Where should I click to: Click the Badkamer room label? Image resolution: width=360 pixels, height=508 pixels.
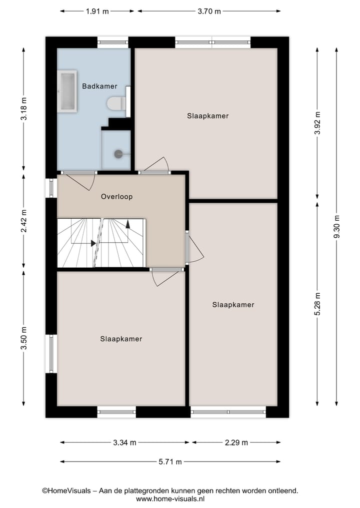pyautogui.click(x=99, y=86)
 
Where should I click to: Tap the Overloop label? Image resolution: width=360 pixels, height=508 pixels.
pyautogui.click(x=116, y=196)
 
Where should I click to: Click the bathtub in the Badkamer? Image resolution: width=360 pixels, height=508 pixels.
pyautogui.click(x=66, y=90)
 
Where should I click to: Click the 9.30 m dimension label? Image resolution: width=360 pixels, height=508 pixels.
pyautogui.click(x=336, y=227)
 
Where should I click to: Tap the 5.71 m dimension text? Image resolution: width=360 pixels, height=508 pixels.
pyautogui.click(x=169, y=462)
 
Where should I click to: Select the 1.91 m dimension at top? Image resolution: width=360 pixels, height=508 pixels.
pyautogui.click(x=97, y=11)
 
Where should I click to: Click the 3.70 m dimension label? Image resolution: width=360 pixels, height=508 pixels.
pyautogui.click(x=209, y=11)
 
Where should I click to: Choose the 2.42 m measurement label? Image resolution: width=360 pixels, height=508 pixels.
pyautogui.click(x=23, y=221)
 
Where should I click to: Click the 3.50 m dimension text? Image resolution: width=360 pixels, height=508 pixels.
pyautogui.click(x=23, y=338)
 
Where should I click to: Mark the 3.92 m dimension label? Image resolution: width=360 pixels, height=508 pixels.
pyautogui.click(x=317, y=123)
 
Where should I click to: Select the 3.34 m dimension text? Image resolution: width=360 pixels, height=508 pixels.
pyautogui.click(x=124, y=442)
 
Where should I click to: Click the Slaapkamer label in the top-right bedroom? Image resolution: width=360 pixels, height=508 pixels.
pyautogui.click(x=208, y=116)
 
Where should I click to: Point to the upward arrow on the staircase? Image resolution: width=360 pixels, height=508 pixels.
pyautogui.click(x=128, y=224)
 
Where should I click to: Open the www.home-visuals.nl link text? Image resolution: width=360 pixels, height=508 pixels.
pyautogui.click(x=169, y=499)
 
